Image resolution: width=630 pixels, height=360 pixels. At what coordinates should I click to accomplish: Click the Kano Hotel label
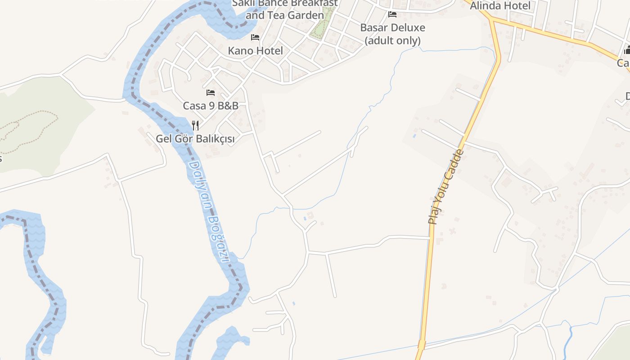click(255, 51)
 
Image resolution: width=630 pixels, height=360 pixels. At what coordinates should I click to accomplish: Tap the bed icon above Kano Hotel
click(255, 37)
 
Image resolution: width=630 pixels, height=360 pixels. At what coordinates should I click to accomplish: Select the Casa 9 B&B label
click(210, 106)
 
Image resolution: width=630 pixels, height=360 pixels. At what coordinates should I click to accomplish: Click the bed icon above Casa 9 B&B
click(210, 93)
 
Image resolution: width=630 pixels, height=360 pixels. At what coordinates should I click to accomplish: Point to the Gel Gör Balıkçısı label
click(195, 139)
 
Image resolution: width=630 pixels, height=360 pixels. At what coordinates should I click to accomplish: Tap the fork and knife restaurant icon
click(195, 125)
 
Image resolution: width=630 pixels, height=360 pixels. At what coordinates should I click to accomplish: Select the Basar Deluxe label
click(392, 28)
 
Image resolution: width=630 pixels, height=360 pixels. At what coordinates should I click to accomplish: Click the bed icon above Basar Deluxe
click(392, 14)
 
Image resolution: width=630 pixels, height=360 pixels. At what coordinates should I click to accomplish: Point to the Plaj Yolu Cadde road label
click(445, 186)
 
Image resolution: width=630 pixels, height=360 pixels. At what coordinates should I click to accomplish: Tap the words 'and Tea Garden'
click(285, 15)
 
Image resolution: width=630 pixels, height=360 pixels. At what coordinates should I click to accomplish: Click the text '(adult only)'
click(392, 40)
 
